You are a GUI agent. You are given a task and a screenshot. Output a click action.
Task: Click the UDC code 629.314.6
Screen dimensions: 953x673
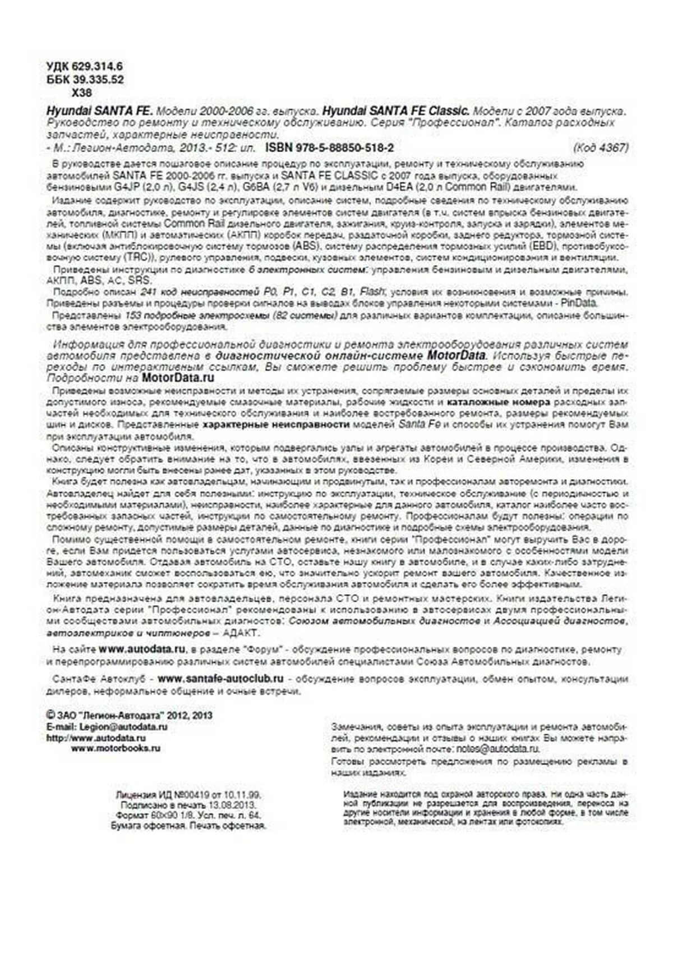(96, 67)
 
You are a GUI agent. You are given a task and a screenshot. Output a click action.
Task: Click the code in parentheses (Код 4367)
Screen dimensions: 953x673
(600, 148)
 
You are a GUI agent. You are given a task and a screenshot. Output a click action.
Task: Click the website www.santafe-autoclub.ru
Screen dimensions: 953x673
(220, 679)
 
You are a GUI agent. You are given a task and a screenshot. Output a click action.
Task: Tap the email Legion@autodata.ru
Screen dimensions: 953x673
(123, 727)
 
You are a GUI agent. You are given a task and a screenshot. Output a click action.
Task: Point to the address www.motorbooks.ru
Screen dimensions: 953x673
(116, 748)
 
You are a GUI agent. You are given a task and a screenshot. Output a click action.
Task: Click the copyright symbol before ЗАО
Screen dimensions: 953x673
(50, 716)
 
